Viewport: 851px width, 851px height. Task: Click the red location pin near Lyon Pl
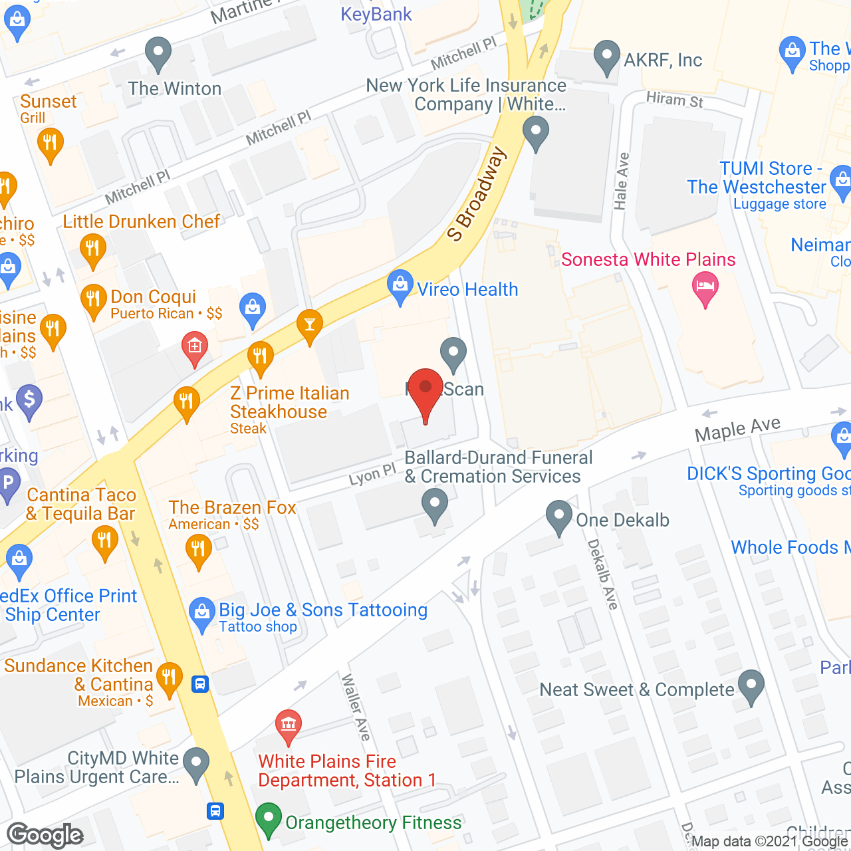(x=425, y=392)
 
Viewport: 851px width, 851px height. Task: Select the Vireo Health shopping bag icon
(x=400, y=286)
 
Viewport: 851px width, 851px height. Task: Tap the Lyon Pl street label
(x=372, y=475)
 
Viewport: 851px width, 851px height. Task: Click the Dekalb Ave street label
(x=602, y=574)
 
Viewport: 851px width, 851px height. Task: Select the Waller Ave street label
(x=356, y=707)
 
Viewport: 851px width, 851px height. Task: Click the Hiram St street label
(x=674, y=100)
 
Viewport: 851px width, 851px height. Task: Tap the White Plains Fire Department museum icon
(x=289, y=725)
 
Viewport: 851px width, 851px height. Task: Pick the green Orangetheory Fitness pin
(x=269, y=819)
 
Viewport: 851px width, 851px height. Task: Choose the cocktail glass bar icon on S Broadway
(x=310, y=324)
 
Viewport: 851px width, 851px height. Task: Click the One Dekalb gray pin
(x=559, y=516)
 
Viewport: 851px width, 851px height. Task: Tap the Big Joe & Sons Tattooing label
(x=323, y=610)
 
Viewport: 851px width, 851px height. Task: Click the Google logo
(x=45, y=835)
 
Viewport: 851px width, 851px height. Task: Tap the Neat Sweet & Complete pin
(x=751, y=685)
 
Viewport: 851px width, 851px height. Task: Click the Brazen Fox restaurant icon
(x=198, y=550)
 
